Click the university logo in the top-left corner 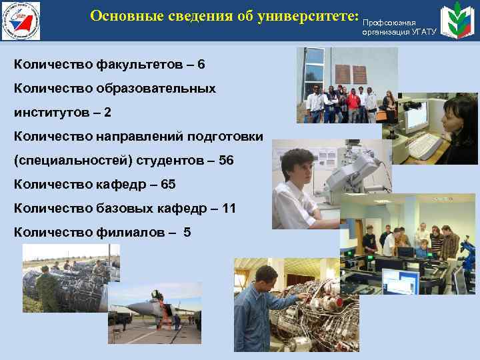(x=20, y=21)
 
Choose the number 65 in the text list (x=169, y=184)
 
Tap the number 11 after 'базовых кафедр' (x=229, y=208)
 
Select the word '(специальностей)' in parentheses (x=66, y=161)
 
